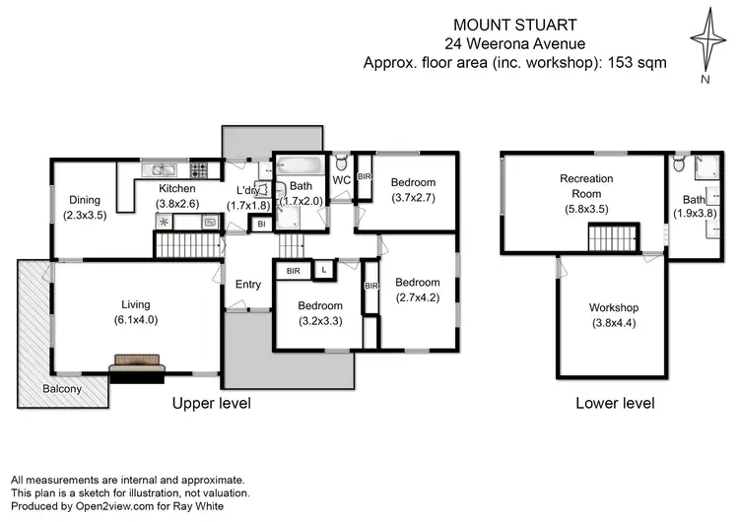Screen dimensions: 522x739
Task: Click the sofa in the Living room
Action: pyautogui.click(x=137, y=368)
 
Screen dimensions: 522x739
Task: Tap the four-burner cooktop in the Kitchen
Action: pyautogui.click(x=198, y=167)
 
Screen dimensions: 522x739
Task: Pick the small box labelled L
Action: pyautogui.click(x=325, y=269)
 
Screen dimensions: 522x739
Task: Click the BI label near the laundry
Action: pyautogui.click(x=261, y=225)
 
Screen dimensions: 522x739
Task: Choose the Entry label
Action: pyautogui.click(x=248, y=285)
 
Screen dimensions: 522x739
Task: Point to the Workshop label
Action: pyautogui.click(x=615, y=307)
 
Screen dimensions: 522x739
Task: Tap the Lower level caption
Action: pyautogui.click(x=615, y=404)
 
